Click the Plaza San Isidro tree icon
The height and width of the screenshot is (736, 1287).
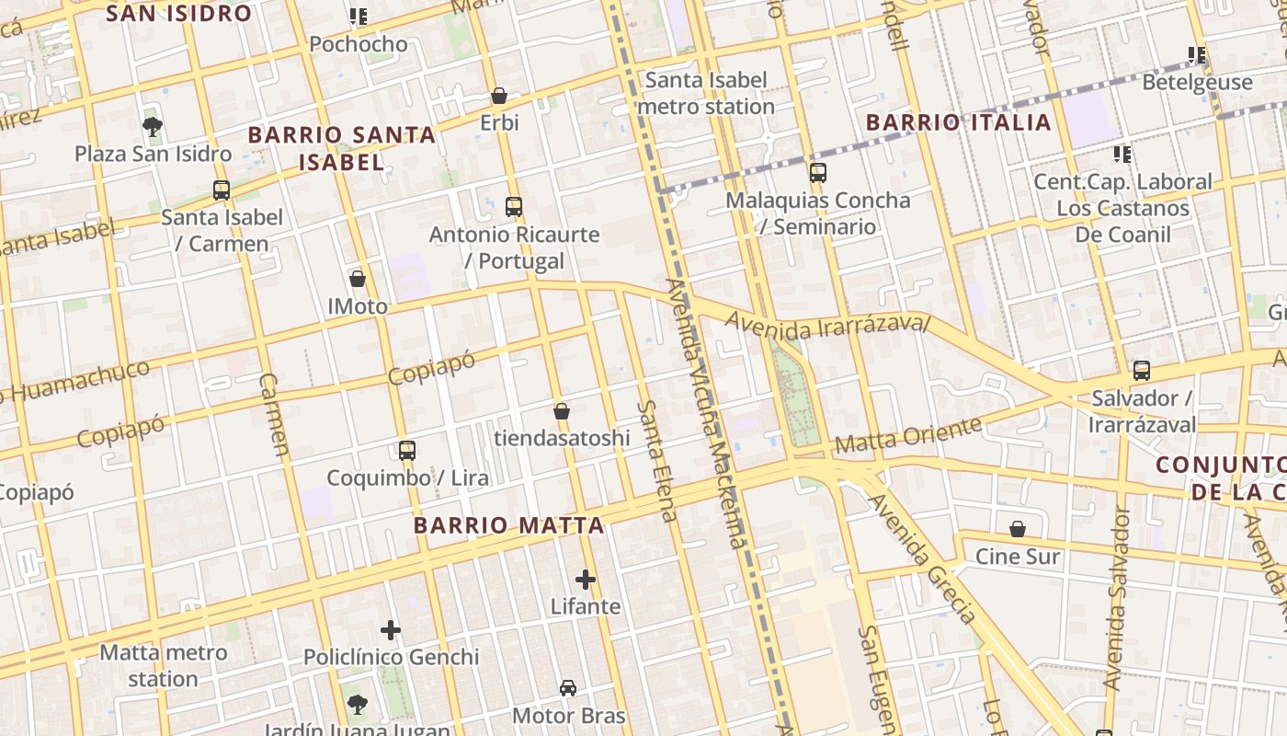[x=153, y=127]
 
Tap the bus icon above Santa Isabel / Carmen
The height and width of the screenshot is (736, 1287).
[x=222, y=190]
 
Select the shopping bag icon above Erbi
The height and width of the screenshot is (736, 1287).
[x=499, y=96]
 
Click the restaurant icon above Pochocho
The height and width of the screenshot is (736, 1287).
[x=359, y=17]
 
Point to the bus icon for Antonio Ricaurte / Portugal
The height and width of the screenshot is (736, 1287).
[x=514, y=207]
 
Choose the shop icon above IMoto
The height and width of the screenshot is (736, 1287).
[x=358, y=279]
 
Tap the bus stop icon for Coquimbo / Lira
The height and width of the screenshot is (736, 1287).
[x=407, y=451]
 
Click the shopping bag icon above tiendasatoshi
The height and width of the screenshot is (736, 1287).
[x=562, y=411]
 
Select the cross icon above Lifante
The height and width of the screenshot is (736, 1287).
[x=586, y=580]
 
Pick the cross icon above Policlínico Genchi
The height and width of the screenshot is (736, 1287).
[x=391, y=630]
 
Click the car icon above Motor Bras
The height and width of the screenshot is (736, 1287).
[x=568, y=688]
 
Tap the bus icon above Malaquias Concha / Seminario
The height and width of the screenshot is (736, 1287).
[x=817, y=173]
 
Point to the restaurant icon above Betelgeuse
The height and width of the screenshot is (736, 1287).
[x=1197, y=55]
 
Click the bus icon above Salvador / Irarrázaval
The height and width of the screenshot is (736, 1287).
[x=1142, y=371]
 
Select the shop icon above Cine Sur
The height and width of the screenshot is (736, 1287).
[x=1018, y=529]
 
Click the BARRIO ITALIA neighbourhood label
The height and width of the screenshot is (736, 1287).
[x=959, y=122]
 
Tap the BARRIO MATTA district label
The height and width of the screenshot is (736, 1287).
[x=508, y=525]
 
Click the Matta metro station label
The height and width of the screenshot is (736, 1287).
[x=163, y=665]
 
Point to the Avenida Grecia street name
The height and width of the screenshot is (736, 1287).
[x=923, y=558]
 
